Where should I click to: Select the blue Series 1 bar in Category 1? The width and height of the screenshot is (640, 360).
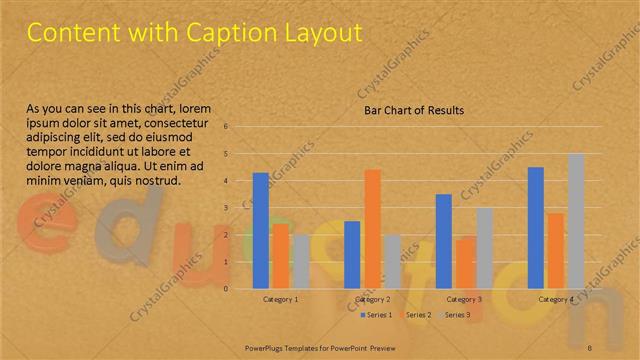coord(261,230)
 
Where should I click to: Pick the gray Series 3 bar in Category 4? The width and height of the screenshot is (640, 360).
coord(575,221)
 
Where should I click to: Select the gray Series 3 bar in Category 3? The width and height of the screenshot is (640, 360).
coord(483,248)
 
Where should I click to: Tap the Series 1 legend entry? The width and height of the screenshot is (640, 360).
coord(377,315)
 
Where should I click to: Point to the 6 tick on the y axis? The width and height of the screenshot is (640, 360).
coord(228,127)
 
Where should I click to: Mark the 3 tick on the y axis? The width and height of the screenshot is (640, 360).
coord(228,208)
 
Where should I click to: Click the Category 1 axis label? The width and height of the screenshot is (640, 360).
coord(280,299)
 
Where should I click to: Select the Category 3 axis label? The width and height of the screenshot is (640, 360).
coord(463,299)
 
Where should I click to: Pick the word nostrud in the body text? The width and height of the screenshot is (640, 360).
coord(154,181)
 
